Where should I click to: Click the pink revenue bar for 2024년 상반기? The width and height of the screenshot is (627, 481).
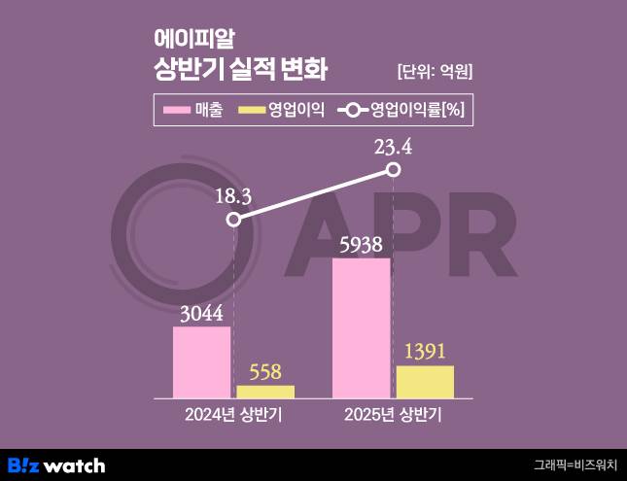coord(202,361)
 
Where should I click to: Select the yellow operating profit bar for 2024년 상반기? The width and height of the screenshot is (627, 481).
coord(265,391)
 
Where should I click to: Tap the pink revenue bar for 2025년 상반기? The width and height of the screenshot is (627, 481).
coord(361,327)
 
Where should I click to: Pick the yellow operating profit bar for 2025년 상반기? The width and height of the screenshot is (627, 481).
coord(425,381)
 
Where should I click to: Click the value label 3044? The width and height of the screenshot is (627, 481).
coord(201,313)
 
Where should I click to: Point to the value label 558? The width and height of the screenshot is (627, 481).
coord(265,371)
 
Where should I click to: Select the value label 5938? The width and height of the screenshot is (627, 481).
coord(361,244)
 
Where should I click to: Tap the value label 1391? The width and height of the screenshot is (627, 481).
coord(425,352)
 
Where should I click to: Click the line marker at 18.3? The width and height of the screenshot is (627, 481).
coord(233,220)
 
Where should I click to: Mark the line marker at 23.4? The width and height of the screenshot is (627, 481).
coord(394,170)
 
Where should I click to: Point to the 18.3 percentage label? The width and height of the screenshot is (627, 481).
coord(233,196)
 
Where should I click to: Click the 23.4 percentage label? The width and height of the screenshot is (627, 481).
coord(394,148)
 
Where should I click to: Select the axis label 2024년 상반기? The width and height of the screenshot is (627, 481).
coord(234,416)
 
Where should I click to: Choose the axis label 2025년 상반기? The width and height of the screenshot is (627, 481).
coord(393,416)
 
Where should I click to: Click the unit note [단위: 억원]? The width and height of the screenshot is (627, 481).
coord(435,71)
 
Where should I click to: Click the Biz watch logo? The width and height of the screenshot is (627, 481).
coord(56,465)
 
